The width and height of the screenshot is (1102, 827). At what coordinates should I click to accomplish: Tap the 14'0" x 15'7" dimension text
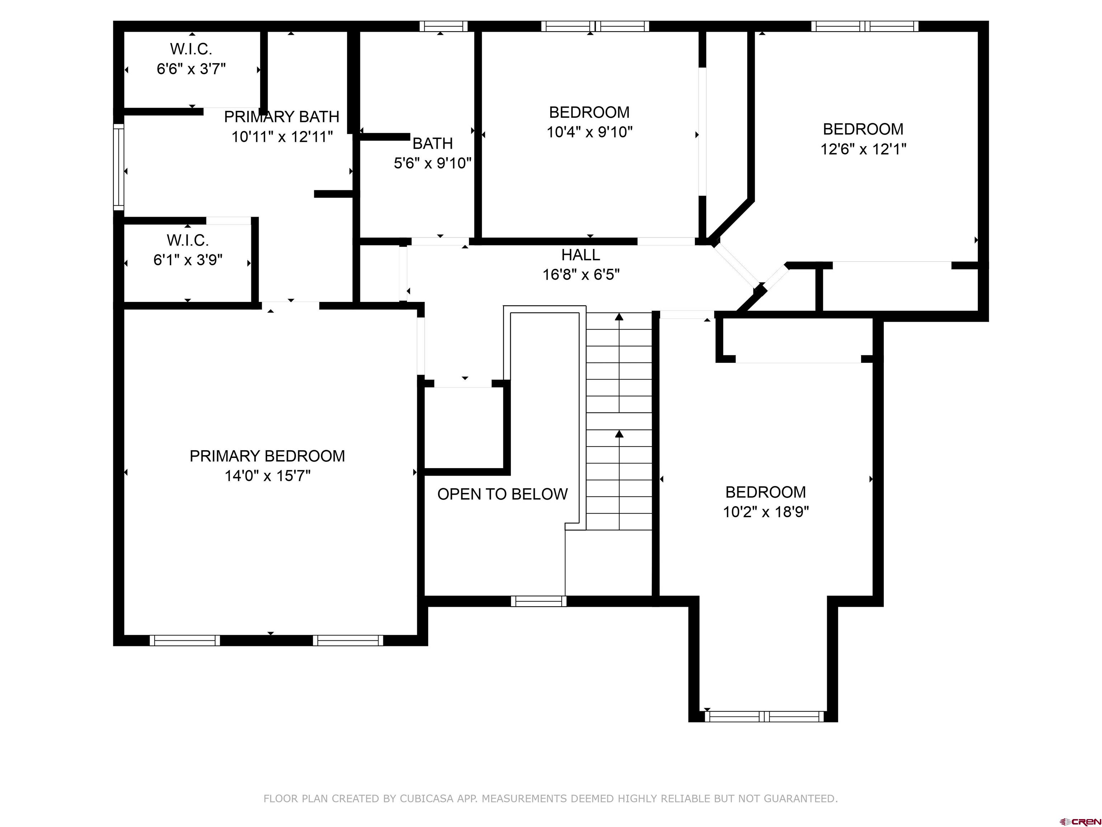point(268,476)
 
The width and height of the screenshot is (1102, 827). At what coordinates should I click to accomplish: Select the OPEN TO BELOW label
point(502,494)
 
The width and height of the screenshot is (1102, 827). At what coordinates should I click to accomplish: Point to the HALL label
point(580,255)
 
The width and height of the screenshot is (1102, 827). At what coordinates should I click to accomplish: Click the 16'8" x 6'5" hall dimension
point(581,275)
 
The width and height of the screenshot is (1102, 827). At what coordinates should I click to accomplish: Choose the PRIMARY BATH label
point(282,117)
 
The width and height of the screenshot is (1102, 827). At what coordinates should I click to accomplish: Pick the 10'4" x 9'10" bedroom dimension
point(590,132)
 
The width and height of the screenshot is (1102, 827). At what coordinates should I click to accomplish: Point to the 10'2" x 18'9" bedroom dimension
point(766,512)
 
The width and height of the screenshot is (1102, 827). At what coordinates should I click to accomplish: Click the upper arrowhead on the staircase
point(619,317)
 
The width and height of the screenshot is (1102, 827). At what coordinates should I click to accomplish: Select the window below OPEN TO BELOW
point(538,601)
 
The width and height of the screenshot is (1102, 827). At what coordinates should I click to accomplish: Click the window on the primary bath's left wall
point(119,167)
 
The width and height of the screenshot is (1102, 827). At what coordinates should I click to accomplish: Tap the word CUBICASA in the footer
point(427,799)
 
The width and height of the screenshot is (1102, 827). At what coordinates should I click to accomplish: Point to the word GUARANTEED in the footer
point(801,799)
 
